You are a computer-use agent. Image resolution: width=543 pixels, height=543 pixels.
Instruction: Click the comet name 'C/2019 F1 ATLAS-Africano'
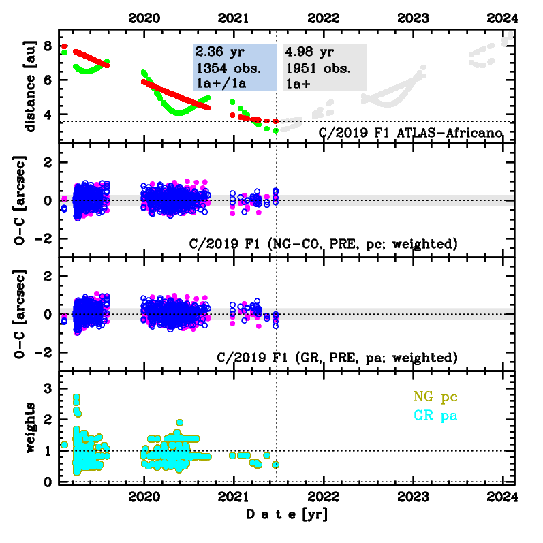(411, 132)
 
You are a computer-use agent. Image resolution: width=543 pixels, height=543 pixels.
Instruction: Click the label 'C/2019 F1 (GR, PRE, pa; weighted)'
(337, 356)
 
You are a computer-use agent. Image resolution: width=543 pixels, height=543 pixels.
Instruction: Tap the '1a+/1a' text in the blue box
(221, 83)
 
